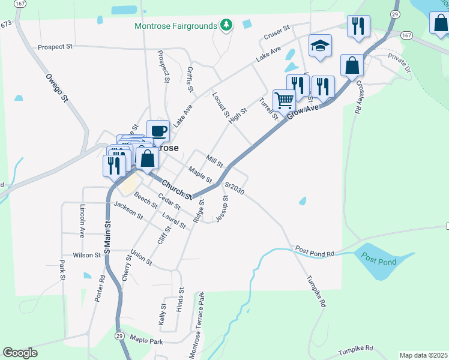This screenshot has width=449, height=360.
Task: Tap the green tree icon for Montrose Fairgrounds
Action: pos(226,25)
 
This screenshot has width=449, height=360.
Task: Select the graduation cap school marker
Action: pos(321,46)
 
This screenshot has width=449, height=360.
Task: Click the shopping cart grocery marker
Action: pos(284,100)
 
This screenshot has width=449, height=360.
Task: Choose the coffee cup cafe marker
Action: pos(158,130)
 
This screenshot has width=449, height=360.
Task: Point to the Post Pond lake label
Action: pos(379,259)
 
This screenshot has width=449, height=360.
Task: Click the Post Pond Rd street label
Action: pos(314,251)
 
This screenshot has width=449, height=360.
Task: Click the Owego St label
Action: pos(56,88)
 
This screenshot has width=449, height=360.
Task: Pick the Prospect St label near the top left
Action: pos(55,47)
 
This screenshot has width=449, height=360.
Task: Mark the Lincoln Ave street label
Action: pos(82,219)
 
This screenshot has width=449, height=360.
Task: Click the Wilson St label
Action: pos(86,255)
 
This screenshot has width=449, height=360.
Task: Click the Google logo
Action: pos(20,353)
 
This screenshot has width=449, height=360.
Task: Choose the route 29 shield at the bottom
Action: pos(120,335)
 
